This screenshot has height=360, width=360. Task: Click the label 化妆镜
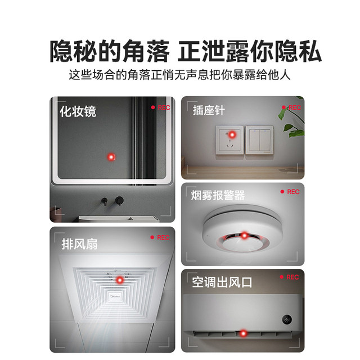tap(78, 111)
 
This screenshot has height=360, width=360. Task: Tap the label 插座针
tap(209, 111)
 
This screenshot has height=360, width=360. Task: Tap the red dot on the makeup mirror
tap(111, 156)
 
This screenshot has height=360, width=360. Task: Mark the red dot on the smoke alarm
tap(244, 235)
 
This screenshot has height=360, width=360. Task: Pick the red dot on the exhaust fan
tap(119, 280)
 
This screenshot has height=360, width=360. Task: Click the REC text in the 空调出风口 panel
tap(292, 277)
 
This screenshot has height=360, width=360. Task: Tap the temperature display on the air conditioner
tap(286, 319)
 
